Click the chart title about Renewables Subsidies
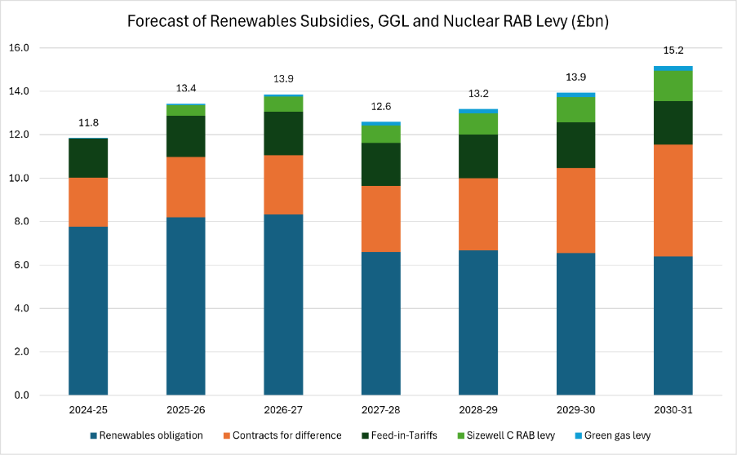pyautogui.click(x=368, y=21)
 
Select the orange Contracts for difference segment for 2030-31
pyautogui.click(x=673, y=201)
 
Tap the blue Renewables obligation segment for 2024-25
pyautogui.click(x=88, y=311)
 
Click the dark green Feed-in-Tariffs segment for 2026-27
pyautogui.click(x=283, y=134)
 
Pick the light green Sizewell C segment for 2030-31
pyautogui.click(x=673, y=86)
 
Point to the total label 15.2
pyautogui.click(x=673, y=51)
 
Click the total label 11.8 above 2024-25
pyautogui.click(x=88, y=123)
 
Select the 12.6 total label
pyautogui.click(x=380, y=107)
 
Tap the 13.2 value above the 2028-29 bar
pyautogui.click(x=478, y=94)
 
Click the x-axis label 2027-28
pyautogui.click(x=380, y=410)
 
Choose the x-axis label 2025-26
pyautogui.click(x=185, y=410)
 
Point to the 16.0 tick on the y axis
pyautogui.click(x=19, y=48)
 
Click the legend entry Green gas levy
pyautogui.click(x=612, y=435)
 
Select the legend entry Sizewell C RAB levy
pyautogui.click(x=506, y=435)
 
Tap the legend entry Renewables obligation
pyautogui.click(x=146, y=435)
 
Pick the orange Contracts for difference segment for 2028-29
pyautogui.click(x=478, y=214)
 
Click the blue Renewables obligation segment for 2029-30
pyautogui.click(x=575, y=324)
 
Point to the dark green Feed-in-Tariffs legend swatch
pyautogui.click(x=365, y=435)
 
